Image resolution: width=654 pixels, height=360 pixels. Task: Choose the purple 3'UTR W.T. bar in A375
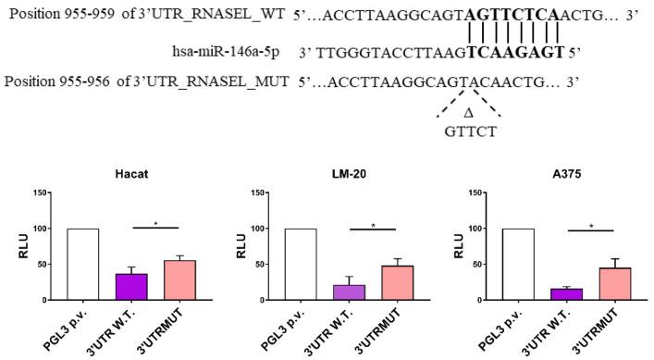click(565, 294)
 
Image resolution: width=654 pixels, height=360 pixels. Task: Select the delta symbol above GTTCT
click(467, 113)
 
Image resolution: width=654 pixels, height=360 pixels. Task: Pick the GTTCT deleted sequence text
click(468, 131)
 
